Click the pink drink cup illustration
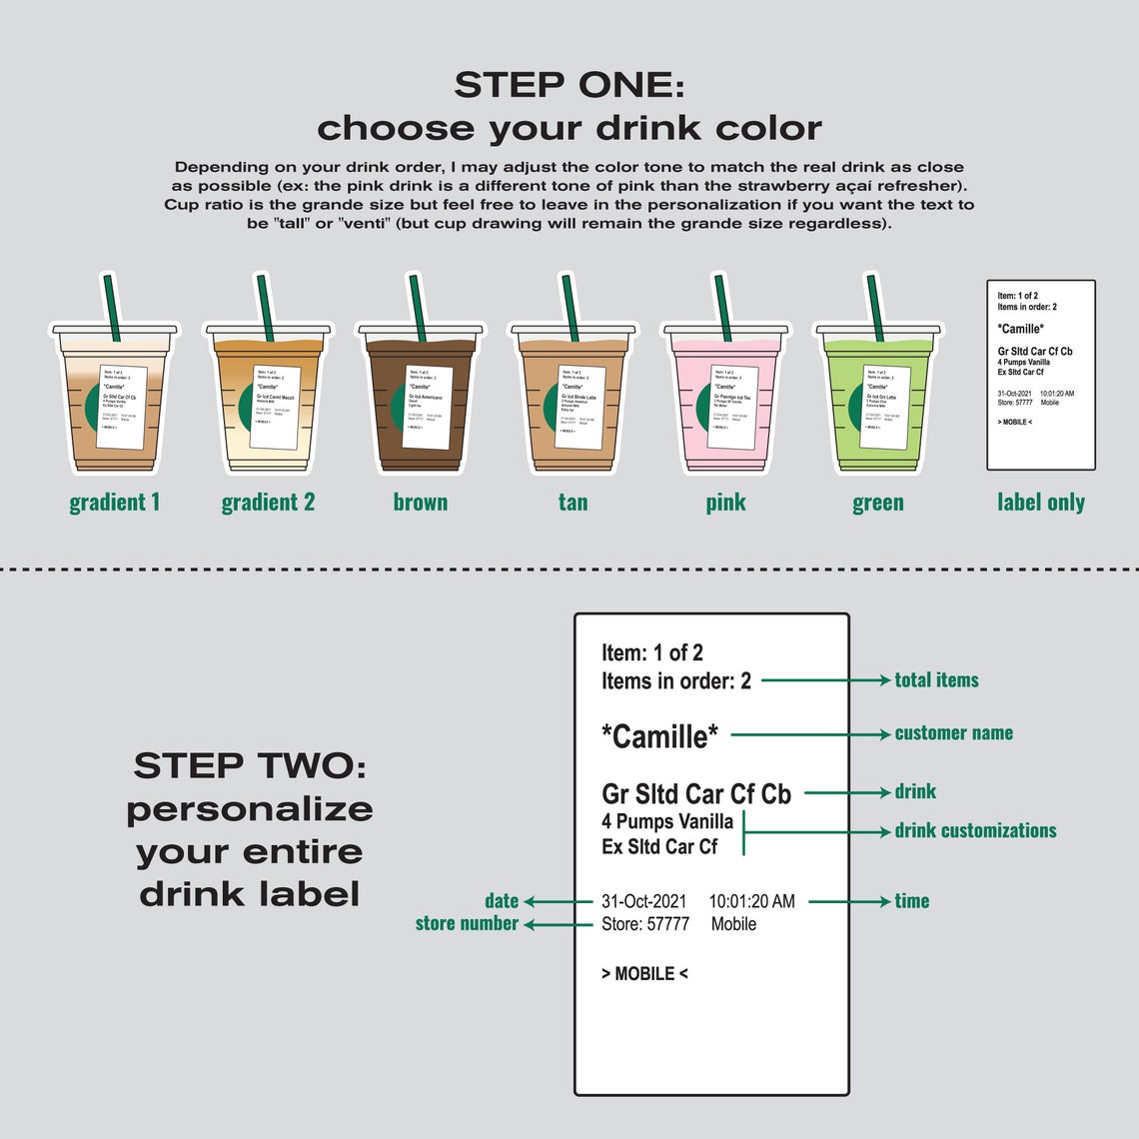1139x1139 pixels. pyautogui.click(x=724, y=400)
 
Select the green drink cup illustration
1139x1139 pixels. pyautogui.click(x=877, y=400)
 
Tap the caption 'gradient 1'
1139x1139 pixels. pyautogui.click(x=115, y=503)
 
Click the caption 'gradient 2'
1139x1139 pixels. pyautogui.click(x=268, y=503)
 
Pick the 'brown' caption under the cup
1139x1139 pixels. pyautogui.click(x=421, y=503)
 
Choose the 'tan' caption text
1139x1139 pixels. pyautogui.click(x=572, y=503)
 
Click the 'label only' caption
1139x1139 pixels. pyautogui.click(x=1040, y=503)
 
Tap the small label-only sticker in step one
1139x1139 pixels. pyautogui.click(x=1040, y=375)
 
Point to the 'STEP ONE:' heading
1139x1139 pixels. pyautogui.click(x=569, y=85)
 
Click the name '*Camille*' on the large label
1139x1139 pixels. pyautogui.click(x=659, y=736)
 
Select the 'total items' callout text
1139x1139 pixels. pyautogui.click(x=936, y=680)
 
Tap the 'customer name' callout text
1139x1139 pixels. pyautogui.click(x=953, y=733)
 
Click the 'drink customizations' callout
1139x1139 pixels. pyautogui.click(x=975, y=831)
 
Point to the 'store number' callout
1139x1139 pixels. pyautogui.click(x=467, y=924)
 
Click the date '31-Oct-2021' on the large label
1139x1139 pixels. pyautogui.click(x=643, y=901)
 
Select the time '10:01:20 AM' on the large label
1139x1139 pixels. pyautogui.click(x=751, y=901)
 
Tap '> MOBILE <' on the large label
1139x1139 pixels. pyautogui.click(x=644, y=973)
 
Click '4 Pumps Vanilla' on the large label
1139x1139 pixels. pyautogui.click(x=666, y=822)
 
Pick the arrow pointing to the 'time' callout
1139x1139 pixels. pyautogui.click(x=848, y=901)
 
